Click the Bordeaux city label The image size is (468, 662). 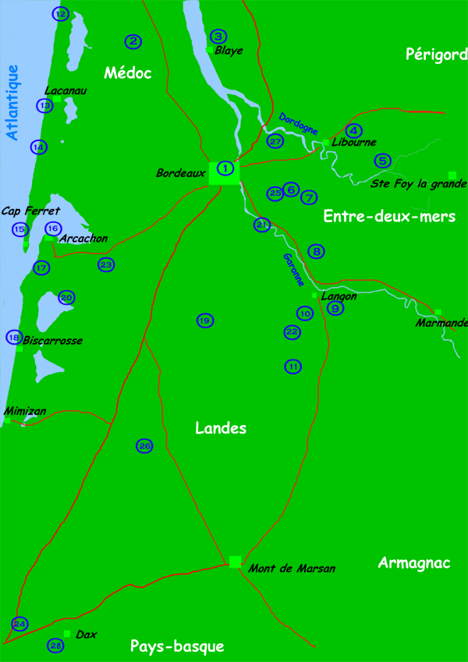point(180,172)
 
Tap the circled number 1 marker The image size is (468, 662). point(225,168)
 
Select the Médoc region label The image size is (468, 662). point(127,73)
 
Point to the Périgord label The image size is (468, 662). point(435,54)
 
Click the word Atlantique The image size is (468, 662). point(12,102)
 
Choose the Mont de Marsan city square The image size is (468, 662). point(235,561)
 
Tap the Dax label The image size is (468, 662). point(87,635)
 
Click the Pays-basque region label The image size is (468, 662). point(177,646)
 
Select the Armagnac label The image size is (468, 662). point(413,563)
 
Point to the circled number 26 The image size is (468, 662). point(145,445)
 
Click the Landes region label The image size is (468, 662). point(221,428)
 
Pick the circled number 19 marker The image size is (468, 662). point(204,320)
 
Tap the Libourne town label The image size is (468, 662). point(354,143)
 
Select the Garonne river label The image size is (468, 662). point(294,270)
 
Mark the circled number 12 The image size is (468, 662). point(60,13)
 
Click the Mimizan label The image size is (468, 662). point(25,410)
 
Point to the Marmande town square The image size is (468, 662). point(438,312)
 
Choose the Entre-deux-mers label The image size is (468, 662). point(389,217)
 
